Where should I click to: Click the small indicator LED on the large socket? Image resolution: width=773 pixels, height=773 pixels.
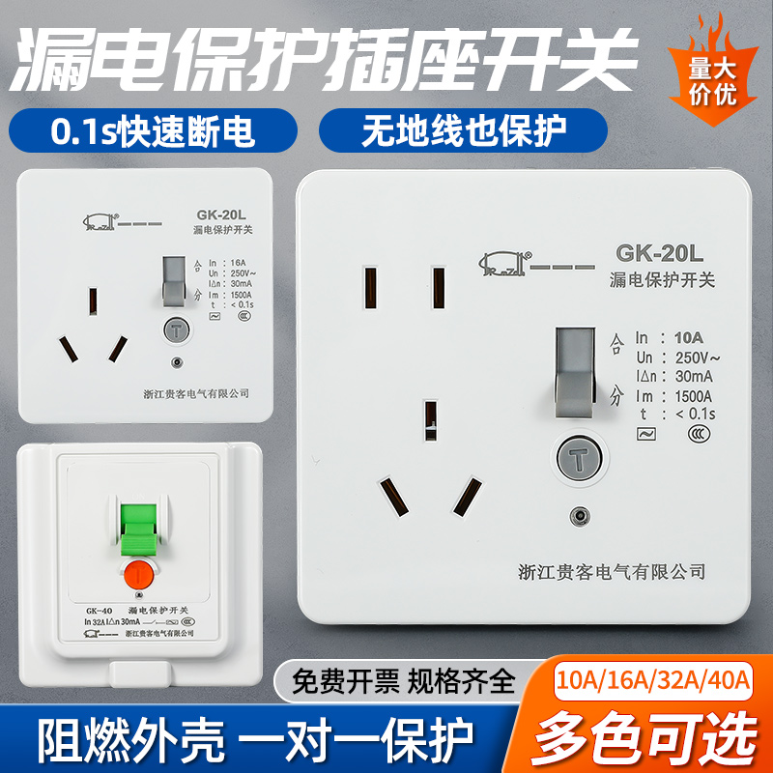pyautogui.click(x=577, y=516)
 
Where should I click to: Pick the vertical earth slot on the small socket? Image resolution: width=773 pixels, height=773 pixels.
pyautogui.click(x=93, y=301)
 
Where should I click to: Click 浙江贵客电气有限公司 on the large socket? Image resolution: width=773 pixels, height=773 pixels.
pyautogui.click(x=598, y=571)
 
